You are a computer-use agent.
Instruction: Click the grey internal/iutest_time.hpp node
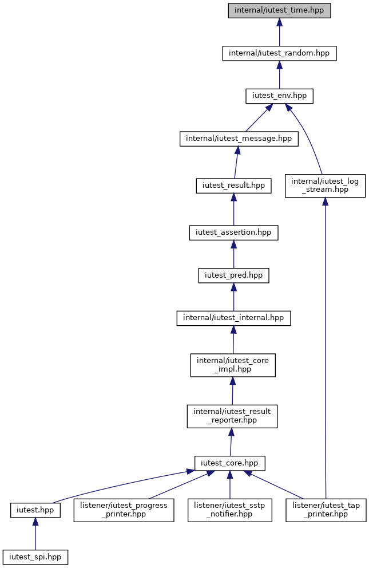[x=279, y=10]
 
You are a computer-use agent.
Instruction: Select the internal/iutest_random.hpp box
[x=279, y=53]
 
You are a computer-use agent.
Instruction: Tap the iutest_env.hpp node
[x=279, y=96]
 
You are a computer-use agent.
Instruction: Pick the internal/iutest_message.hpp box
[x=239, y=139]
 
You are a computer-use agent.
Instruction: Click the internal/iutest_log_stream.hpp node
[x=325, y=186]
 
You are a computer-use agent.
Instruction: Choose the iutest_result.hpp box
[x=233, y=186]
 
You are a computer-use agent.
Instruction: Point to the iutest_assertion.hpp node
[x=233, y=232]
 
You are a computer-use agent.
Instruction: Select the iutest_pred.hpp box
[x=233, y=275]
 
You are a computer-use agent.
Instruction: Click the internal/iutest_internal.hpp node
[x=233, y=318]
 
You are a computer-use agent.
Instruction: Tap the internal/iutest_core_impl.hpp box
[x=233, y=365]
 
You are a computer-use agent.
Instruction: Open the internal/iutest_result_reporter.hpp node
[x=232, y=416]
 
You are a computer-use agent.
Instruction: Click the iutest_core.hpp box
[x=230, y=463]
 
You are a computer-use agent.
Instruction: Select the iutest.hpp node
[x=35, y=510]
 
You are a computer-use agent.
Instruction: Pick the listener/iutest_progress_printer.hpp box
[x=124, y=510]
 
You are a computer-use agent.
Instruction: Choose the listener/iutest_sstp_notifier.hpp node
[x=230, y=510]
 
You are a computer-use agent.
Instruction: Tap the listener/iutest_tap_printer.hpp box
[x=326, y=510]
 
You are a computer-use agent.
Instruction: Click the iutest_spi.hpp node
[x=35, y=557]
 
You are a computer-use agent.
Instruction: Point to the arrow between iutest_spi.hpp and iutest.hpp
[x=35, y=534]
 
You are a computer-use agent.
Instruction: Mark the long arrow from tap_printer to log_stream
[x=325, y=348]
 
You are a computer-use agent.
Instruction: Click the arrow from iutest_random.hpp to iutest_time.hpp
[x=279, y=32]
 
